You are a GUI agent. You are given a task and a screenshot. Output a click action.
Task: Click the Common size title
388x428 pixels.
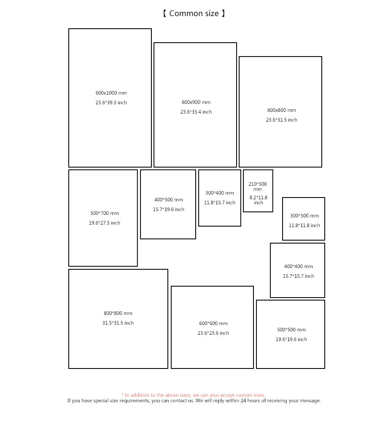click(x=194, y=14)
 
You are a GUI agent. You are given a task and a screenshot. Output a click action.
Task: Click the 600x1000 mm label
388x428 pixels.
click(x=111, y=93)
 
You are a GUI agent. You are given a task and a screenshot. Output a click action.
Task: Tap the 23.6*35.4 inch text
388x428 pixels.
click(x=196, y=112)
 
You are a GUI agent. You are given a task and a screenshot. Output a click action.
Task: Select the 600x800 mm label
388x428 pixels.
click(x=282, y=110)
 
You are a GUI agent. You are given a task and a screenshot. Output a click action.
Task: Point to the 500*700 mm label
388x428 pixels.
click(x=105, y=213)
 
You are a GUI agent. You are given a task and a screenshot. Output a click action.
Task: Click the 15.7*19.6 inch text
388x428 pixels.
click(x=169, y=209)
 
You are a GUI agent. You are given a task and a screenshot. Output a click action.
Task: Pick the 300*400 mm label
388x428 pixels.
click(x=220, y=193)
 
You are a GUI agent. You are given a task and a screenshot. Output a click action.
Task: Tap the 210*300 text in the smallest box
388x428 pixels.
click(x=258, y=184)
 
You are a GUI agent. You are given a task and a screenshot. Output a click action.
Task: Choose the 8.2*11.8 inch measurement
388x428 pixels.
click(x=259, y=200)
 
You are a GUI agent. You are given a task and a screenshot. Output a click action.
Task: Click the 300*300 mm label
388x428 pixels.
click(x=304, y=216)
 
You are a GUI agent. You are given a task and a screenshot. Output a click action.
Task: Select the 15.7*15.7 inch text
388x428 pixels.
click(x=299, y=276)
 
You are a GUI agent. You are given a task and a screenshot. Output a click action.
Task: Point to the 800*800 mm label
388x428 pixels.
click(x=118, y=313)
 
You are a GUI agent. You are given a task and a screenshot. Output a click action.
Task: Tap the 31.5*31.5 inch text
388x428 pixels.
click(x=118, y=323)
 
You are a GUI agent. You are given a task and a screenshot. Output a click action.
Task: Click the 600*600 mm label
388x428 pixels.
click(x=213, y=323)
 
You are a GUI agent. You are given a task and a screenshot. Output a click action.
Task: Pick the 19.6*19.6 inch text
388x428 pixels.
click(x=291, y=339)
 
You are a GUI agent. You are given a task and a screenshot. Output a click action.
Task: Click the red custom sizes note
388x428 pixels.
click(x=193, y=395)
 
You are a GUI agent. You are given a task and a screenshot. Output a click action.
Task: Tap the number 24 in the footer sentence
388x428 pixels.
click(x=243, y=401)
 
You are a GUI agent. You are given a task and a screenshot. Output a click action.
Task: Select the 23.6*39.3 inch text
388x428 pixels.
click(x=111, y=103)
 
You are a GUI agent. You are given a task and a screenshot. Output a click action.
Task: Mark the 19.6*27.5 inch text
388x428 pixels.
click(x=105, y=223)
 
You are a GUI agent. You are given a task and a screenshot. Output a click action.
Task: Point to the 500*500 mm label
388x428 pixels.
click(x=291, y=330)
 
